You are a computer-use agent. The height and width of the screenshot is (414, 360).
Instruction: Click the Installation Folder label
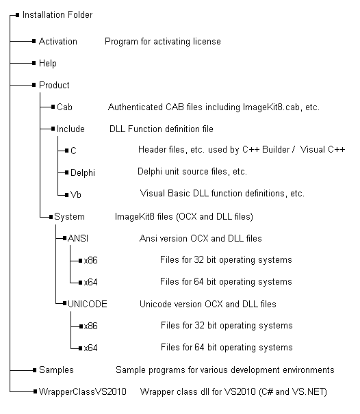[57, 15]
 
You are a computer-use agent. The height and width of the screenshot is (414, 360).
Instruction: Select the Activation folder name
[58, 42]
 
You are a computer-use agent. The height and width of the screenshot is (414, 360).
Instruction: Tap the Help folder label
[47, 64]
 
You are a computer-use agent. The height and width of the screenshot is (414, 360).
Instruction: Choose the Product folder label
[54, 86]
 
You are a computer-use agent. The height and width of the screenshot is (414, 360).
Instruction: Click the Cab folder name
[64, 107]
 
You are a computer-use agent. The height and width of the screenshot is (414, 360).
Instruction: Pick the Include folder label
[70, 129]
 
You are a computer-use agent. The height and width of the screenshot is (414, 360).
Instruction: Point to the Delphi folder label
[83, 172]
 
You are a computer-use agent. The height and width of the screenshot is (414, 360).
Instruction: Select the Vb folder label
[75, 194]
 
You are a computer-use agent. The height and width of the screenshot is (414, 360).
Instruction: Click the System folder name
[69, 216]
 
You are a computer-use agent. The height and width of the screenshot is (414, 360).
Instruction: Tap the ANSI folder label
[78, 238]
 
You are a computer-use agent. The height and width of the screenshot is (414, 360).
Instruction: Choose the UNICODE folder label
[88, 304]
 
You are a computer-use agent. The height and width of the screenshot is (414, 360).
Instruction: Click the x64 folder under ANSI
[90, 282]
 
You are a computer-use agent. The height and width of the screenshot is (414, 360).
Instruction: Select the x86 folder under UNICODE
[90, 326]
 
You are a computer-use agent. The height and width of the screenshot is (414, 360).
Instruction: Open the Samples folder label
[56, 370]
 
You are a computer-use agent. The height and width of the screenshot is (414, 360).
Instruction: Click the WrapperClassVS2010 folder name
[82, 391]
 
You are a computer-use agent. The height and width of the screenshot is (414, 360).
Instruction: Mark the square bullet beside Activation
[34, 41]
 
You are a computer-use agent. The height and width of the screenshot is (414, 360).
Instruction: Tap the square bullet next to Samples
[34, 370]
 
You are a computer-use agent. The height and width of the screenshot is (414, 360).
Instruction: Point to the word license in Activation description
[207, 42]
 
